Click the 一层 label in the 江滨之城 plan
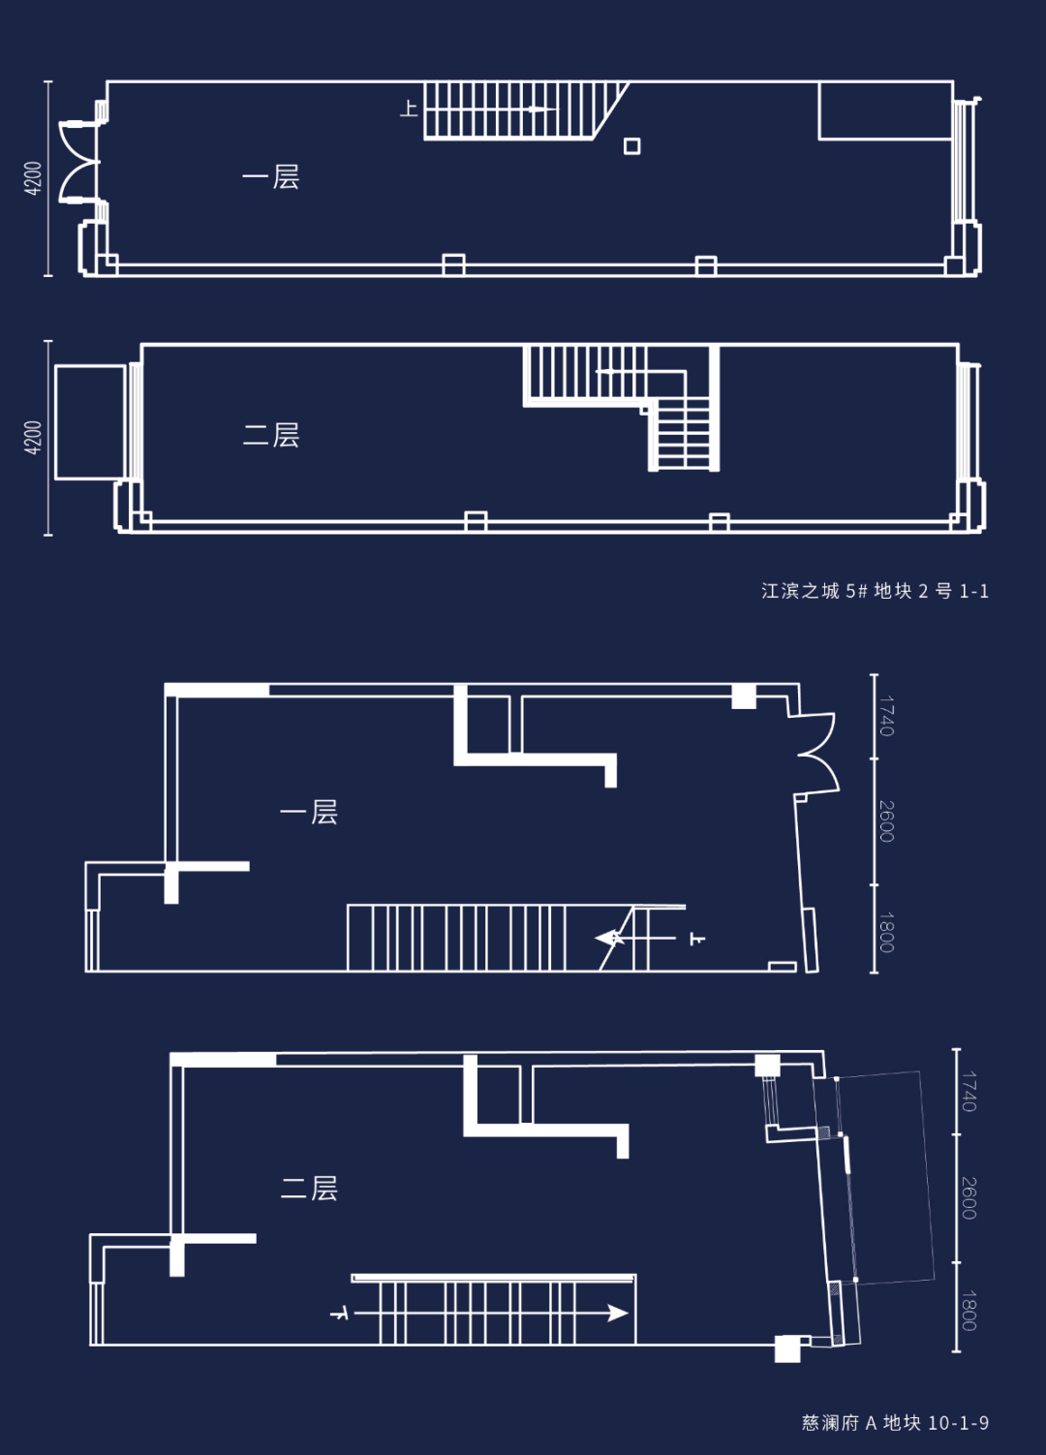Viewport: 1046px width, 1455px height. point(271,177)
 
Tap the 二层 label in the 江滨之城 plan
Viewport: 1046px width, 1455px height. point(271,435)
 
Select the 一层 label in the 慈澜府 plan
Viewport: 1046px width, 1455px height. point(308,812)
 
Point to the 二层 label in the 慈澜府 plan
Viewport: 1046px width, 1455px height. point(309,1188)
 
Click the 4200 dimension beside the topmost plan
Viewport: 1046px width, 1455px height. point(33,178)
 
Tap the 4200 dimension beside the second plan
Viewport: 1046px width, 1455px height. point(33,438)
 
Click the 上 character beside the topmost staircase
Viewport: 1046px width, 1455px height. point(409,108)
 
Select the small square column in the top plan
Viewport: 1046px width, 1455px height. point(631,146)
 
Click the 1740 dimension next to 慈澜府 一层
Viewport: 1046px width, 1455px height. point(887,716)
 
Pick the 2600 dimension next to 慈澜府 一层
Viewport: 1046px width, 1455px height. point(887,821)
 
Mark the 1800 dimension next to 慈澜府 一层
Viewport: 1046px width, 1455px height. point(887,932)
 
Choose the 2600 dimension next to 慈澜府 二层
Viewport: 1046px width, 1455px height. point(969,1197)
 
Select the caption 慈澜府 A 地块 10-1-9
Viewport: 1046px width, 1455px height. point(895,1422)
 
